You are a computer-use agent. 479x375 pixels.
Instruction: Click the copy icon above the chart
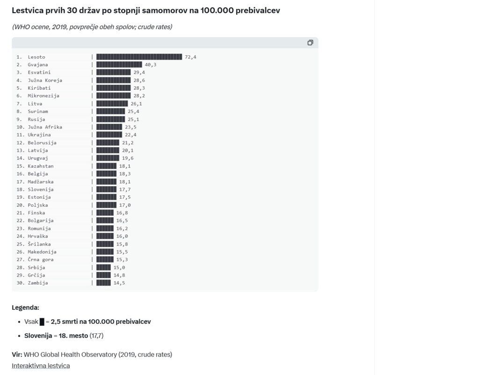(x=310, y=43)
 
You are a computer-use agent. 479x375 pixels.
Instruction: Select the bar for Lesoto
(x=139, y=57)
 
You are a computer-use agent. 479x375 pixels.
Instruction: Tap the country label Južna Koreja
(x=45, y=80)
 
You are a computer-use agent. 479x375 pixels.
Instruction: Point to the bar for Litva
(x=112, y=104)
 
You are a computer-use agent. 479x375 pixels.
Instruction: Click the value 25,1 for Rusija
(x=134, y=119)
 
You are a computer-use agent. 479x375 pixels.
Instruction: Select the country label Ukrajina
(x=39, y=135)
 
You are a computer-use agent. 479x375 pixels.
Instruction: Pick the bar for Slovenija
(x=106, y=189)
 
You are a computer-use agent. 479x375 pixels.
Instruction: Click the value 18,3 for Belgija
(x=125, y=174)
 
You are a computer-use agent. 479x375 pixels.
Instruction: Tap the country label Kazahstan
(x=41, y=166)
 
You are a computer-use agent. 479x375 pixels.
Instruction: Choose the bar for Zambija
(x=103, y=283)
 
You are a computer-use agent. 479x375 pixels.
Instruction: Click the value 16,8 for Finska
(x=122, y=213)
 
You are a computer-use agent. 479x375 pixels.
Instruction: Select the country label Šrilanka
(x=39, y=244)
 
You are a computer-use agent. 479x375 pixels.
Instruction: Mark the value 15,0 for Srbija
(x=119, y=267)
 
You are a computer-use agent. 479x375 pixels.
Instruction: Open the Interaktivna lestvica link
(x=41, y=366)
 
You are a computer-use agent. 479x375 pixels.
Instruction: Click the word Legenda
(x=25, y=307)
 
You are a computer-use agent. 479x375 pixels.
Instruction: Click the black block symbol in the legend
(x=42, y=322)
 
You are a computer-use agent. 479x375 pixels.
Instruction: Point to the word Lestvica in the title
(x=27, y=10)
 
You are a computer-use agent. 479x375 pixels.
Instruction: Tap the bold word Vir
(x=17, y=354)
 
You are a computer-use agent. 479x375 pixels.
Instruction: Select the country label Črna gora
(x=41, y=260)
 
